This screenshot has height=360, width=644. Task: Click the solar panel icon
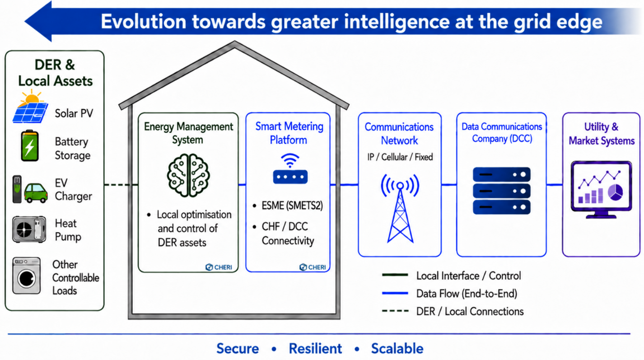(30, 107)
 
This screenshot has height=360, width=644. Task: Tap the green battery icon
(29, 145)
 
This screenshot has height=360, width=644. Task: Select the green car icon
(36, 193)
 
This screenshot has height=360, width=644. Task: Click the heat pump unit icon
(29, 229)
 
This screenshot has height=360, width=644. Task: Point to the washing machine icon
(27, 276)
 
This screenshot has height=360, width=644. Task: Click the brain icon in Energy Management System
(188, 175)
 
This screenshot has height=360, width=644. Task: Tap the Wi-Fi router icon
(290, 169)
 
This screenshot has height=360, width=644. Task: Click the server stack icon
(501, 191)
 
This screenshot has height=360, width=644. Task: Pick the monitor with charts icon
(601, 190)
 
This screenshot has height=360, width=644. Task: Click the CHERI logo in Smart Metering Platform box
(313, 267)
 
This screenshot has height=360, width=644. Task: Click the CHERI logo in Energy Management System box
(219, 267)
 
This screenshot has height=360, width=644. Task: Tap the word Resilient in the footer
(315, 349)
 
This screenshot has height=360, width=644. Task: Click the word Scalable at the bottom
(397, 349)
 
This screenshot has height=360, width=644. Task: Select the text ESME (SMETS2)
(292, 206)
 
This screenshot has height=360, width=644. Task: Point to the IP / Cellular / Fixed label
(400, 157)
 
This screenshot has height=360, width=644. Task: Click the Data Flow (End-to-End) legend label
(467, 294)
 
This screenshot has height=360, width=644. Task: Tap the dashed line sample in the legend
(395, 311)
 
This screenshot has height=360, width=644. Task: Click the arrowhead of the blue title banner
(38, 21)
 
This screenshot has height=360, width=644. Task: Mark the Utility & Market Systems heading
(602, 134)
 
